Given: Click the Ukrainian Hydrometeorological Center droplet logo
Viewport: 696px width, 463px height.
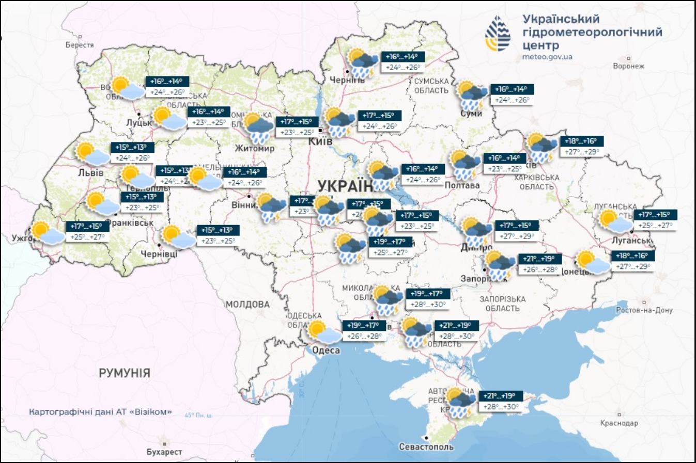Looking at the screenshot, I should pos(498,34).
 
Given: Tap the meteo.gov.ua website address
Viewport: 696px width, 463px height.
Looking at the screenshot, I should pos(547,57).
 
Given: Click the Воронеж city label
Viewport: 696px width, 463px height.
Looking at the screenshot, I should pos(628,66).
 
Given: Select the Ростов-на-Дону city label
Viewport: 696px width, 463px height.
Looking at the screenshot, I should pos(644,310).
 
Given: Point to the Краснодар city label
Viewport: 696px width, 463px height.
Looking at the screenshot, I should pos(619,423).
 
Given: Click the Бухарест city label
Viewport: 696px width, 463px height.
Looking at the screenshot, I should pos(164,452).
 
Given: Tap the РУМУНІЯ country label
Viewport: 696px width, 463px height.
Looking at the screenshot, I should pos(125,373).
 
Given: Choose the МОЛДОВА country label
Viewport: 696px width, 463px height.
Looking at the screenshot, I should pos(248,305).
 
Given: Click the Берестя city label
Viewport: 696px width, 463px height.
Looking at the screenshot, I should pos(80,45).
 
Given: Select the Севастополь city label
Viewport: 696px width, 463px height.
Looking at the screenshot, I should pos(426,446).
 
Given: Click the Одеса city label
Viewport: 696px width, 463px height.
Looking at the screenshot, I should pos(326,350).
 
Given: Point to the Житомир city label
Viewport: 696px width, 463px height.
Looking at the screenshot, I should pos(255,148).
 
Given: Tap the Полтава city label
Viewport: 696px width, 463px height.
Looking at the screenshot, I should pos(462,185).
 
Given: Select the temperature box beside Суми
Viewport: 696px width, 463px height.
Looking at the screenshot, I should pos(512,94).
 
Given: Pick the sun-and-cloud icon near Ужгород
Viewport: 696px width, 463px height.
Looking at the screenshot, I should pos(48,233).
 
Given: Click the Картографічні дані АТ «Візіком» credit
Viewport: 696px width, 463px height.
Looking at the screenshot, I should pos(100,412).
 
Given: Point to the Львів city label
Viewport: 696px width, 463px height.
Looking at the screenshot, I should pos(90,173).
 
